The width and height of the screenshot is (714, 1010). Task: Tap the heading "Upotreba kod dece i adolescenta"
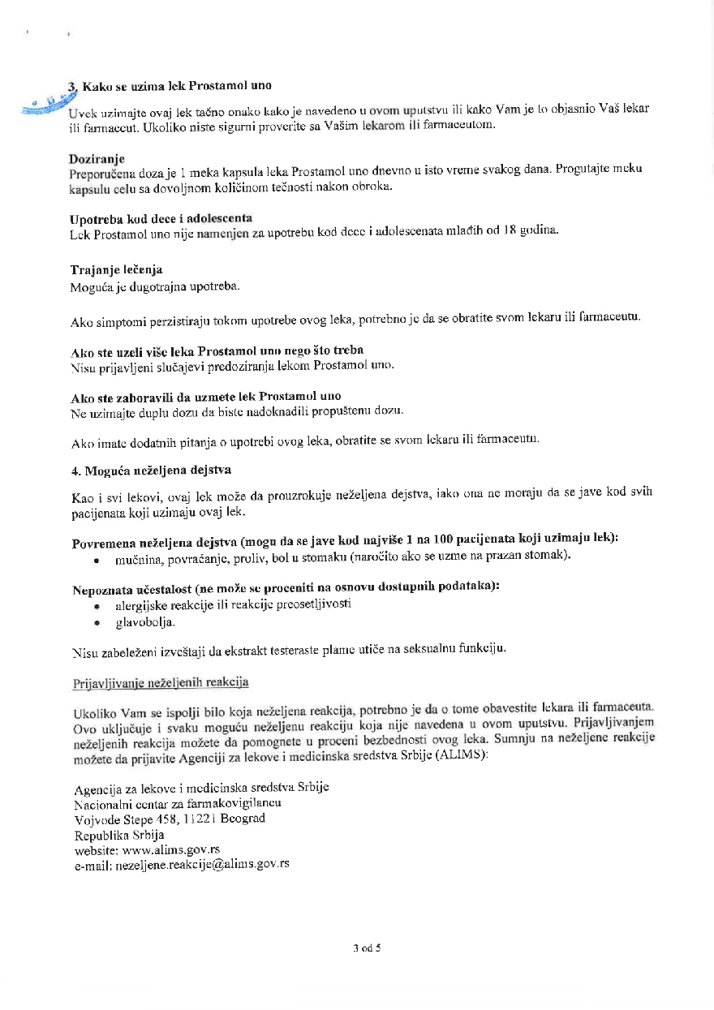(x=161, y=218)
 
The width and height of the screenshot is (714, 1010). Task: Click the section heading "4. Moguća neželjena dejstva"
(x=144, y=470)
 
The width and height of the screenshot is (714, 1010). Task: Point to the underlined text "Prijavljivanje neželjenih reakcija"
(x=161, y=681)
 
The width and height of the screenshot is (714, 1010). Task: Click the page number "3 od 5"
(x=367, y=946)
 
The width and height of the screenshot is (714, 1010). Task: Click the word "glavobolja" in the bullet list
(x=145, y=622)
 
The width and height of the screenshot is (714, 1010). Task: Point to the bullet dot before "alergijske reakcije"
(x=97, y=606)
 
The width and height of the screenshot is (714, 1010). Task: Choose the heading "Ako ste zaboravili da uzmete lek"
(x=206, y=396)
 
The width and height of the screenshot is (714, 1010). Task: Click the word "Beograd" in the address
(x=243, y=819)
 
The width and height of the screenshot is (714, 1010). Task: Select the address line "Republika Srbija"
(x=119, y=834)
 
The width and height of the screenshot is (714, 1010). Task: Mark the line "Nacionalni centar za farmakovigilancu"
(x=178, y=803)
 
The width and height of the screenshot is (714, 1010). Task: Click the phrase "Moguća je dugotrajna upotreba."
(x=155, y=286)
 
